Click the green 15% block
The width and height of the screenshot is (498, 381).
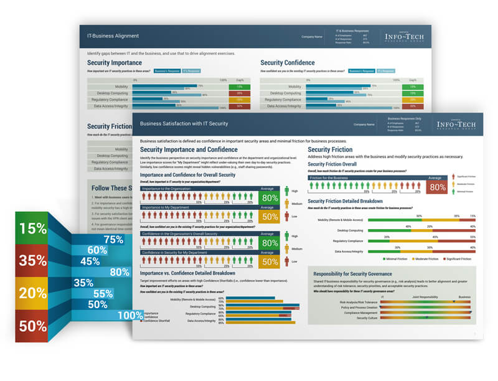(33, 229)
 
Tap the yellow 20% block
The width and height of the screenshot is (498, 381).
(33, 293)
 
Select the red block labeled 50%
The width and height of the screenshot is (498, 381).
(33, 326)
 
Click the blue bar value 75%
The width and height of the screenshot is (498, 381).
(113, 239)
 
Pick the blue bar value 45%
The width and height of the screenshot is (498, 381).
(90, 261)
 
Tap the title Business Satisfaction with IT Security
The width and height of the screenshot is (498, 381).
(184, 124)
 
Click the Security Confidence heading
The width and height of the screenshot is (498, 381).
(287, 63)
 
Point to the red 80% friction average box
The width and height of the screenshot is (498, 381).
(438, 187)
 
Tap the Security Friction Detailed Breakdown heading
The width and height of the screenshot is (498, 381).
(354, 201)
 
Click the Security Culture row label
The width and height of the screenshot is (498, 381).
(367, 317)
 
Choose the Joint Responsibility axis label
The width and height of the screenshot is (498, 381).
(424, 297)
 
